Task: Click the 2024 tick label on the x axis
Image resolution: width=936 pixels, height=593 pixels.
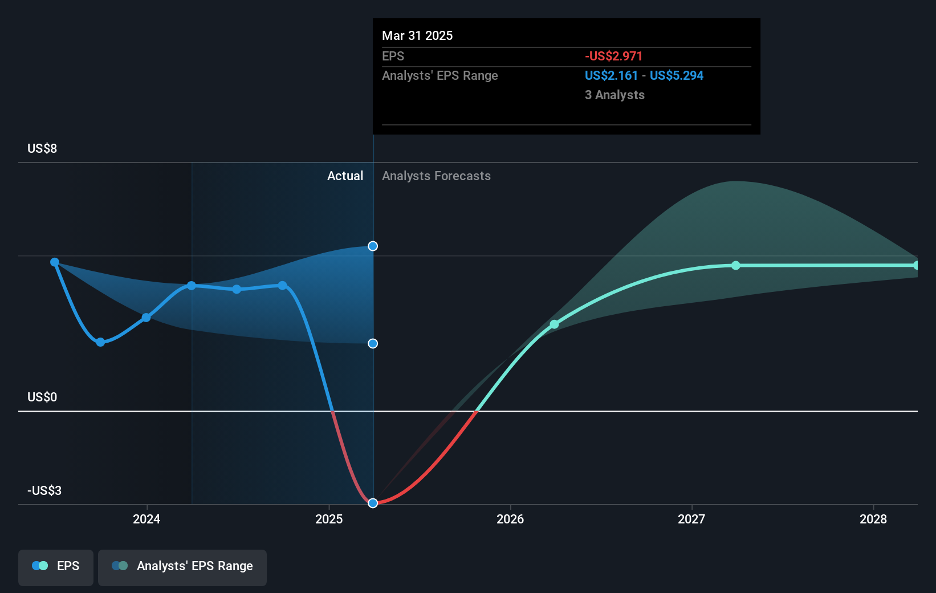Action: click(146, 519)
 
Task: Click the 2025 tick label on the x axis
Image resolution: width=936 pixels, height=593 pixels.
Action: click(329, 519)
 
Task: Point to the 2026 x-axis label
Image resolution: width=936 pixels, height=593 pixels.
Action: click(510, 519)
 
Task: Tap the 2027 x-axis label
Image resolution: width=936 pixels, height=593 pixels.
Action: click(691, 519)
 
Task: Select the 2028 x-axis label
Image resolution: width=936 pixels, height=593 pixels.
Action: click(873, 519)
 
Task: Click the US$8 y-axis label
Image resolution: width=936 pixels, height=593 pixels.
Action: click(42, 149)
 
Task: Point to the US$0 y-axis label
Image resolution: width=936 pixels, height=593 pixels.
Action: click(42, 397)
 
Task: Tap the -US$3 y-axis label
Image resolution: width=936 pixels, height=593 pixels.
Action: click(44, 490)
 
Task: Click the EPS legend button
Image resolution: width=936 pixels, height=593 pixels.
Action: click(56, 566)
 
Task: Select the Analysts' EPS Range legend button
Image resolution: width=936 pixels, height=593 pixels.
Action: click(182, 566)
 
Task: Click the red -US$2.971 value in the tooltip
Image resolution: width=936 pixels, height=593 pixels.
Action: click(613, 56)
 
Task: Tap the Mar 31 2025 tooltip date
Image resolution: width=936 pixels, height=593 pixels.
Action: click(417, 36)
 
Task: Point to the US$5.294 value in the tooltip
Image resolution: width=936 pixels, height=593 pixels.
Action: click(677, 76)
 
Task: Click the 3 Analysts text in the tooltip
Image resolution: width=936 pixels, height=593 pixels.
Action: click(614, 95)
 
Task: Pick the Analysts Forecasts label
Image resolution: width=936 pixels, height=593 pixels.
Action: click(436, 176)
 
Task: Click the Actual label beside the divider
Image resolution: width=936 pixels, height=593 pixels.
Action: click(345, 176)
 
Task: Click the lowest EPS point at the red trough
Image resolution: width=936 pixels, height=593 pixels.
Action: click(373, 503)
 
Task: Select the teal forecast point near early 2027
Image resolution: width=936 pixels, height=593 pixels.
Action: click(736, 265)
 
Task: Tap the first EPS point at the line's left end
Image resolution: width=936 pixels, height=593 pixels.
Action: click(55, 262)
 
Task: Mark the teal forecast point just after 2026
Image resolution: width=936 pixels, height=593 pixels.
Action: click(554, 324)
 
